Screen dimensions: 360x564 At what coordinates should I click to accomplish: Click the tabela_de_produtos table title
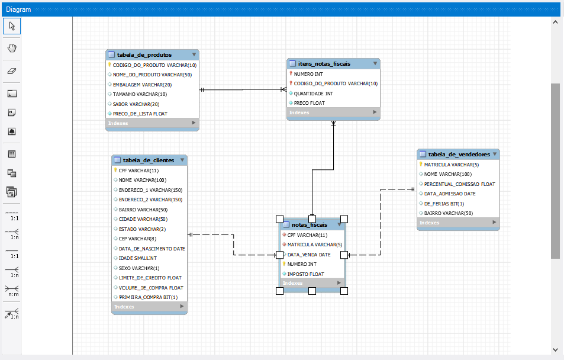point(145,54)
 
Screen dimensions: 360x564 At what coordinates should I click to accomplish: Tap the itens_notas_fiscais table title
point(325,63)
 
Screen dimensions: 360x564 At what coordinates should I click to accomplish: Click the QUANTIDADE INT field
point(313,93)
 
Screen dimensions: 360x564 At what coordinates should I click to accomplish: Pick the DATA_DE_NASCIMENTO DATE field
point(152,249)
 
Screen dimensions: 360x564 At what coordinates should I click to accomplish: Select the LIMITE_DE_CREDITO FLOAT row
point(150,278)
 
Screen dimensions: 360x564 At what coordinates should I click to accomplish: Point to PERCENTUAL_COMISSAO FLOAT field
point(459,184)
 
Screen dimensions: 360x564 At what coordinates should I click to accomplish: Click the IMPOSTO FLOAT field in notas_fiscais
point(305,274)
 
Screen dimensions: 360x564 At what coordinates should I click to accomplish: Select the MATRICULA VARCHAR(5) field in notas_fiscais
point(314,245)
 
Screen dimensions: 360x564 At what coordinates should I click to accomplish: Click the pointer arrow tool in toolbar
point(12,25)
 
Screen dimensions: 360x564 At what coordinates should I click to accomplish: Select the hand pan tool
point(12,48)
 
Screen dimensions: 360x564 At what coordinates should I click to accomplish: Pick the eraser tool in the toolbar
point(12,70)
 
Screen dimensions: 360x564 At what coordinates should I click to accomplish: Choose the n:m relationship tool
point(12,290)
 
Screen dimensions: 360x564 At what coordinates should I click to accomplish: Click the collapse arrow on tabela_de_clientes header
point(182,160)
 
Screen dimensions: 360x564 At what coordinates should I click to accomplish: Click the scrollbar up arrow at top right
point(555,22)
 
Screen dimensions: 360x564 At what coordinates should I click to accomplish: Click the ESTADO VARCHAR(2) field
point(142,229)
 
